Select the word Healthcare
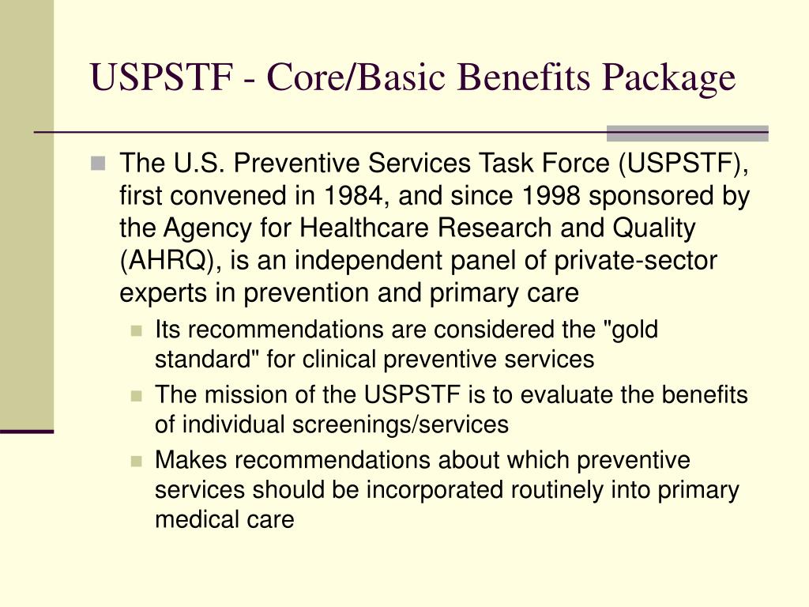346,229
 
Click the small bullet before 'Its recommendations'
137,330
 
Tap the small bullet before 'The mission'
137,395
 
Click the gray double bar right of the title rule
687,133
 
